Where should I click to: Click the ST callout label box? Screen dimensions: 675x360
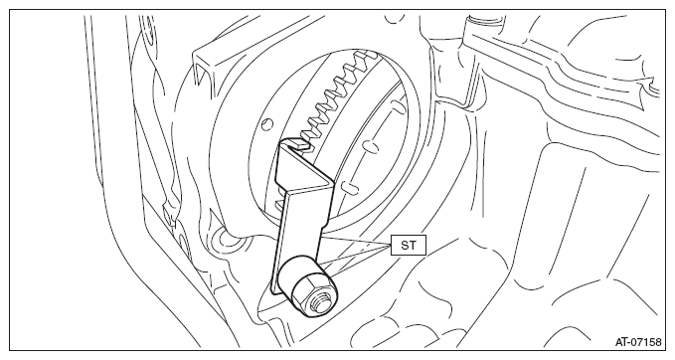(x=409, y=245)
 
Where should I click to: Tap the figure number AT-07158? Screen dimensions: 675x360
(x=638, y=342)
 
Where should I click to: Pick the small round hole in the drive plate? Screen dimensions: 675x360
(x=267, y=123)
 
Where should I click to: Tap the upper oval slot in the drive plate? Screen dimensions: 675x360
(x=370, y=146)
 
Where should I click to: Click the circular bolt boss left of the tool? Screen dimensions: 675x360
(x=225, y=238)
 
